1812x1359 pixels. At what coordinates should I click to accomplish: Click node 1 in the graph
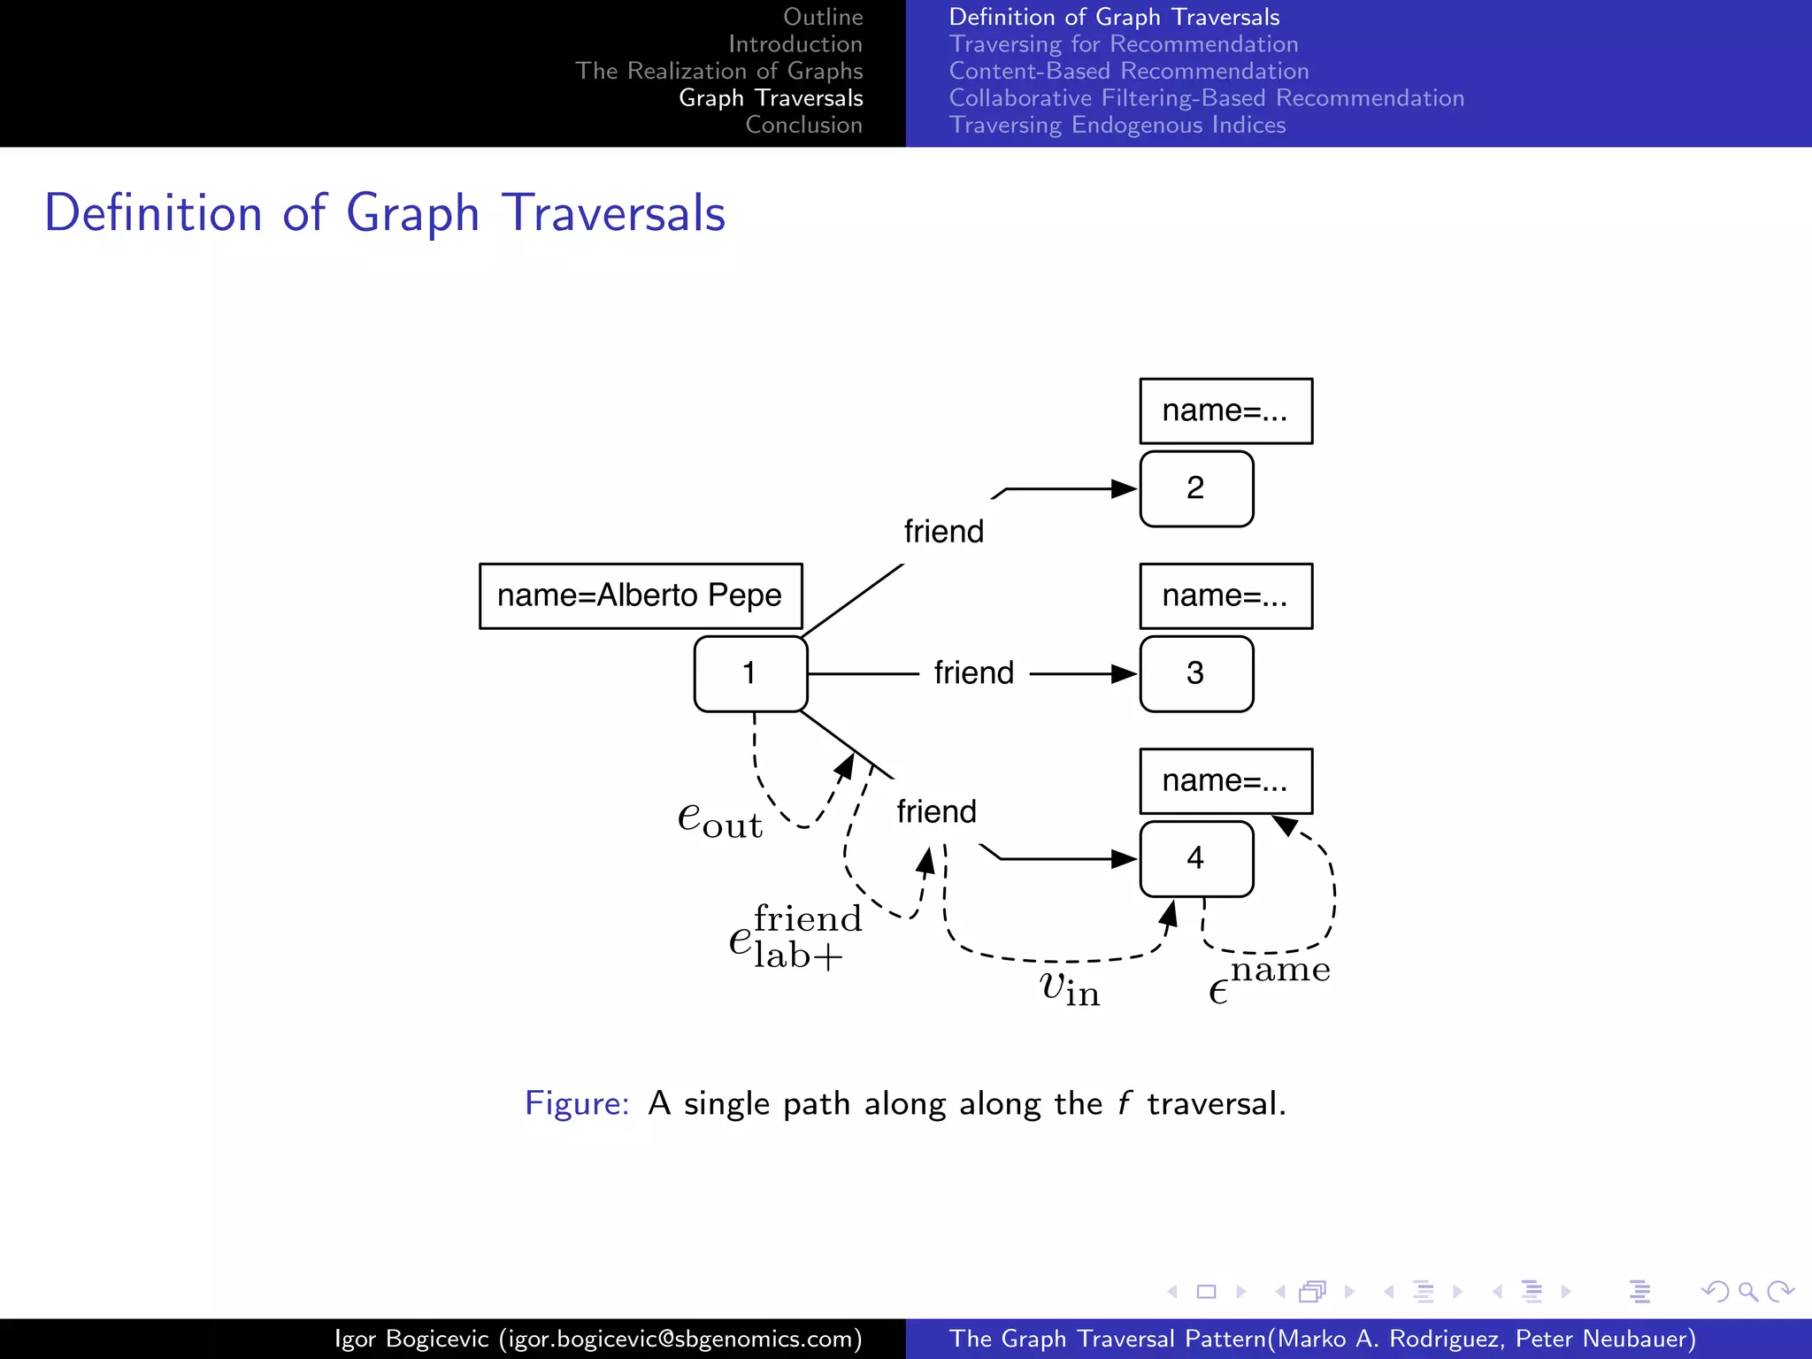point(750,673)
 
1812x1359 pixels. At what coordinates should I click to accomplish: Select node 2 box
point(1196,488)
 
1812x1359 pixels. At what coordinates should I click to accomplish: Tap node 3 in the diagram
point(1196,673)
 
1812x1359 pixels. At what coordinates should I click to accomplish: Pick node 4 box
point(1196,858)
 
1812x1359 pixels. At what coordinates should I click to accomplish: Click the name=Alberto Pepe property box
point(641,595)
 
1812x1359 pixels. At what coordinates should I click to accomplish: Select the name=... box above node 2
point(1225,411)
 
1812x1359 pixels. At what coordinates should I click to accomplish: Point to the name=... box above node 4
point(1225,781)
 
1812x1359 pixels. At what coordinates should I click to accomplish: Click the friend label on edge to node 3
point(973,673)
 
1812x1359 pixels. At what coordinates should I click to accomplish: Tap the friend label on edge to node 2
point(943,532)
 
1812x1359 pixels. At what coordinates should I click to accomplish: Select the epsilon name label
point(1268,980)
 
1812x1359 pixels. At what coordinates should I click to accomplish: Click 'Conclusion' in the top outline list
point(803,125)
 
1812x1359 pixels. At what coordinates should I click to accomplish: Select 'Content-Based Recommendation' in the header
point(1128,71)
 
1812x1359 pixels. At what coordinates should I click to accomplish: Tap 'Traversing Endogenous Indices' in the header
point(1117,125)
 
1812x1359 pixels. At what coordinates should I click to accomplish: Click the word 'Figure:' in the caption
point(576,1103)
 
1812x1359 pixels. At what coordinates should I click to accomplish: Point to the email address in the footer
point(679,1339)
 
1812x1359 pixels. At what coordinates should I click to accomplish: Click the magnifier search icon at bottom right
point(1747,1292)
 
